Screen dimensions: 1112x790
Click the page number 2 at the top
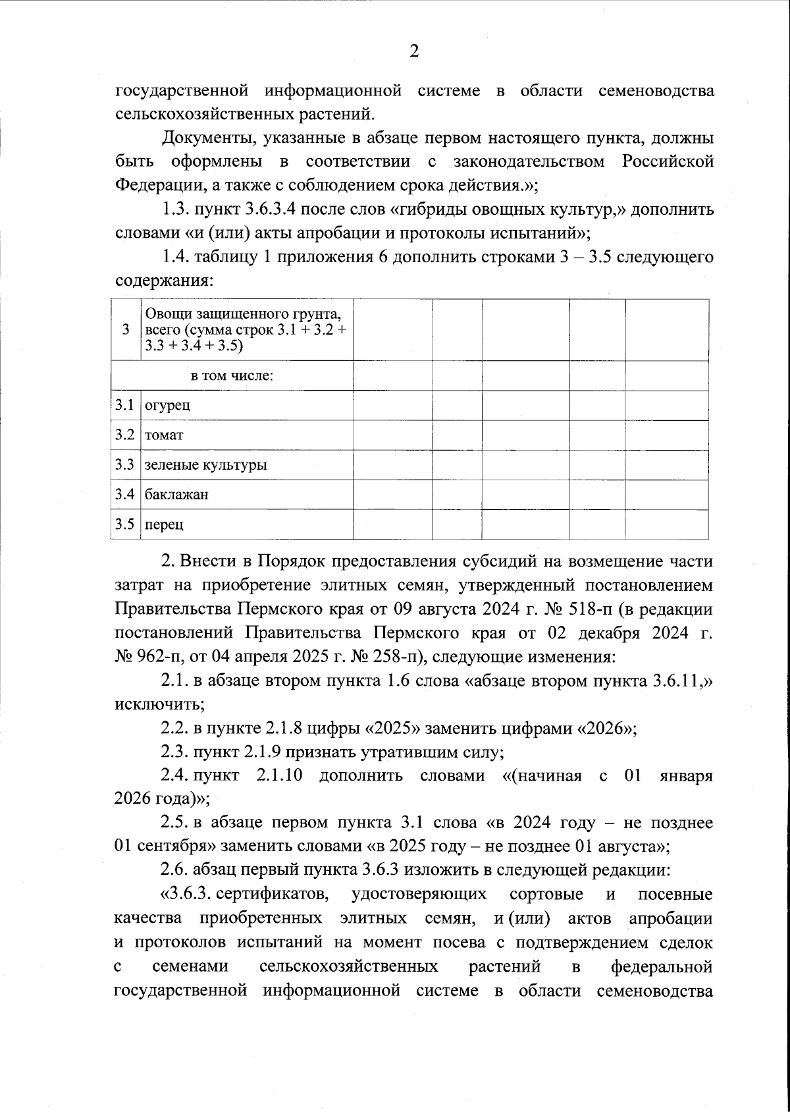[x=413, y=51]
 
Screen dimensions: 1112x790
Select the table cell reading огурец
[x=167, y=405]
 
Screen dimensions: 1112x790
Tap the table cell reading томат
[x=164, y=435]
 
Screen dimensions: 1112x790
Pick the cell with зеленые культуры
[x=205, y=465]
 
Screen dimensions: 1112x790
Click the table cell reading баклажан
[x=176, y=495]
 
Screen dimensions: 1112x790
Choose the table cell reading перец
[x=164, y=525]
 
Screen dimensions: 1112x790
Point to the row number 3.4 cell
[x=125, y=495]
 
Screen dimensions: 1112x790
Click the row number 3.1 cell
[x=125, y=405]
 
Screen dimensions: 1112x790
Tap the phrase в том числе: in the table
[x=232, y=376]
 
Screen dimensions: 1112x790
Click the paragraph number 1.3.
[x=174, y=211]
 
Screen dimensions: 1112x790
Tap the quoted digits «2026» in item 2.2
[x=606, y=729]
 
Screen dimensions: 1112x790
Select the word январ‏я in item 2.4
[x=686, y=775]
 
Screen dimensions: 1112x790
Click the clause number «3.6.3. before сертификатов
[x=185, y=895]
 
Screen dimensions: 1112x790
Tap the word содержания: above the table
[x=164, y=281]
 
